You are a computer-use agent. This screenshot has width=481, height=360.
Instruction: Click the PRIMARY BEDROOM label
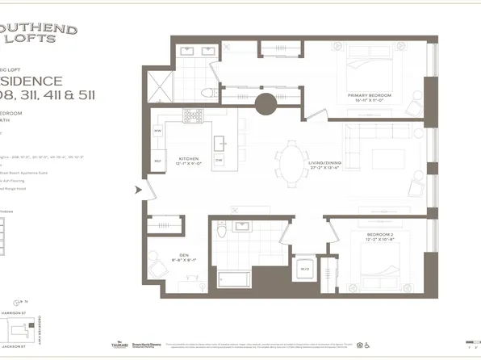click(369, 95)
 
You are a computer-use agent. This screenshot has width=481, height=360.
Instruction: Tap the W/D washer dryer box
click(305, 269)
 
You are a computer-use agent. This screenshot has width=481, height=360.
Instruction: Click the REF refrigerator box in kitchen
click(158, 160)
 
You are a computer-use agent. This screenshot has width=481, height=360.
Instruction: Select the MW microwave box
click(158, 130)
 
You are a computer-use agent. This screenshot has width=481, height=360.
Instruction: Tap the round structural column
click(265, 104)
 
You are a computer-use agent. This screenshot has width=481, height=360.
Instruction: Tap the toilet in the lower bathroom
click(221, 233)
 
